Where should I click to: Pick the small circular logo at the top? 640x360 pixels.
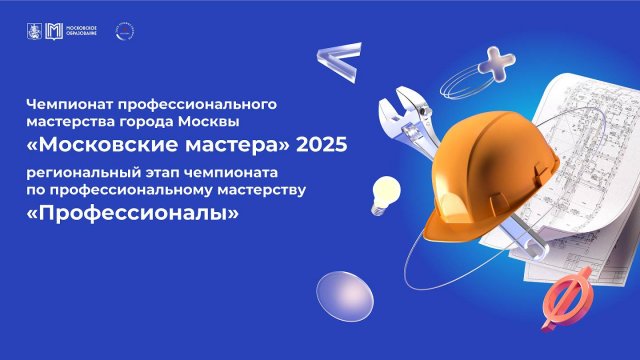pyautogui.click(x=124, y=31)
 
